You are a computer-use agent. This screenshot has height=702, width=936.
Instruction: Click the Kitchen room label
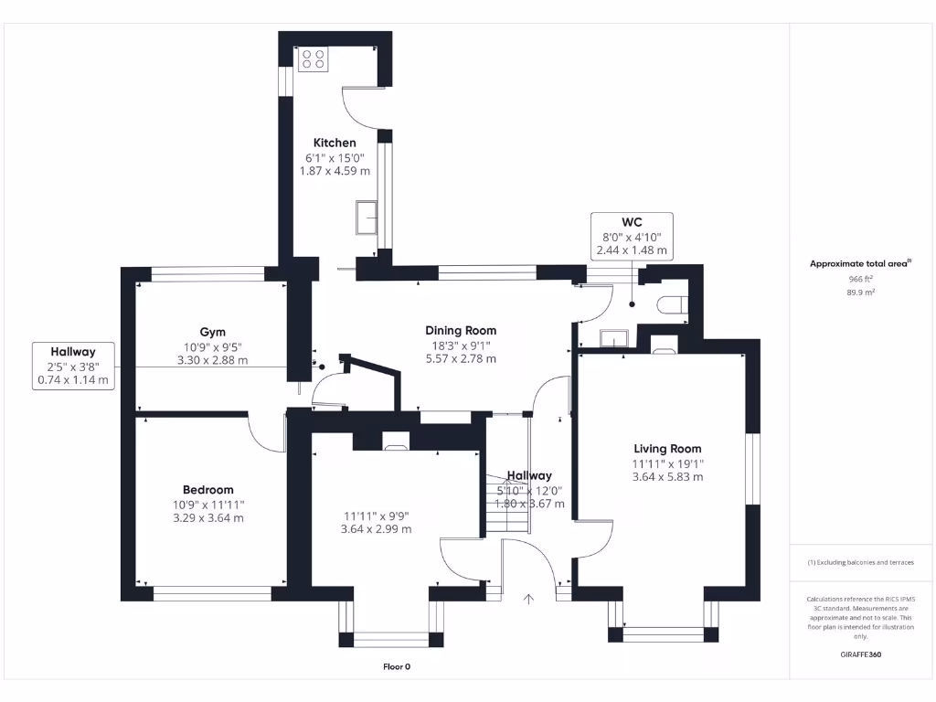click(335, 143)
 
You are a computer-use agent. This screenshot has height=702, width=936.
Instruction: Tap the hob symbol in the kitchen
click(313, 59)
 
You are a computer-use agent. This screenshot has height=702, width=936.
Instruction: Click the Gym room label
click(212, 332)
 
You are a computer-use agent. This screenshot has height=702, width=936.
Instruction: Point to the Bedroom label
click(207, 490)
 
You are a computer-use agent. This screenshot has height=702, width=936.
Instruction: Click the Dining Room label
click(461, 331)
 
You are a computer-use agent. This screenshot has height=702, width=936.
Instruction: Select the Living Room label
click(667, 449)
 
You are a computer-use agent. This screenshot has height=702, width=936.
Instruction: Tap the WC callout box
click(632, 236)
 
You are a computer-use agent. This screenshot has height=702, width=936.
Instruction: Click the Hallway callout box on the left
click(72, 366)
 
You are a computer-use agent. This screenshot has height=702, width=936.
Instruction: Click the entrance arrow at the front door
click(528, 599)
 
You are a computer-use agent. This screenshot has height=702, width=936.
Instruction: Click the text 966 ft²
click(860, 279)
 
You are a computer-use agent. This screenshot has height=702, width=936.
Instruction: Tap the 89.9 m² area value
click(860, 292)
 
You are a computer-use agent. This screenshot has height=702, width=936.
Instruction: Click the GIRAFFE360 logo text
click(860, 654)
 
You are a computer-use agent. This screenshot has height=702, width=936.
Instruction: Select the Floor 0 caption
click(396, 666)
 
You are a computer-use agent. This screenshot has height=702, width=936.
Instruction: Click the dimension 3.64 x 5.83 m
click(667, 476)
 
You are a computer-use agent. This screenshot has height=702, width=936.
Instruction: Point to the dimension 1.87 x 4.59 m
click(335, 170)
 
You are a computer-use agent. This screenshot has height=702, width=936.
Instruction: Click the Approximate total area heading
click(860, 263)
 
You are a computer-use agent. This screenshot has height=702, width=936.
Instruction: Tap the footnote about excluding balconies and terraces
click(860, 562)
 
